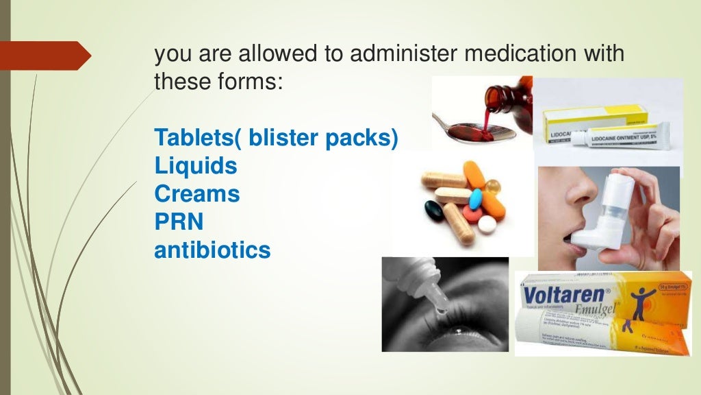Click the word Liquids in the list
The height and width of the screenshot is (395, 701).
coord(196,165)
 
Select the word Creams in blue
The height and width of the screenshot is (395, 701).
coord(197,194)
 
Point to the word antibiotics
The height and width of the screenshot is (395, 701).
coord(212,250)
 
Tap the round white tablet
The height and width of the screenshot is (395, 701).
coord(487,225)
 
